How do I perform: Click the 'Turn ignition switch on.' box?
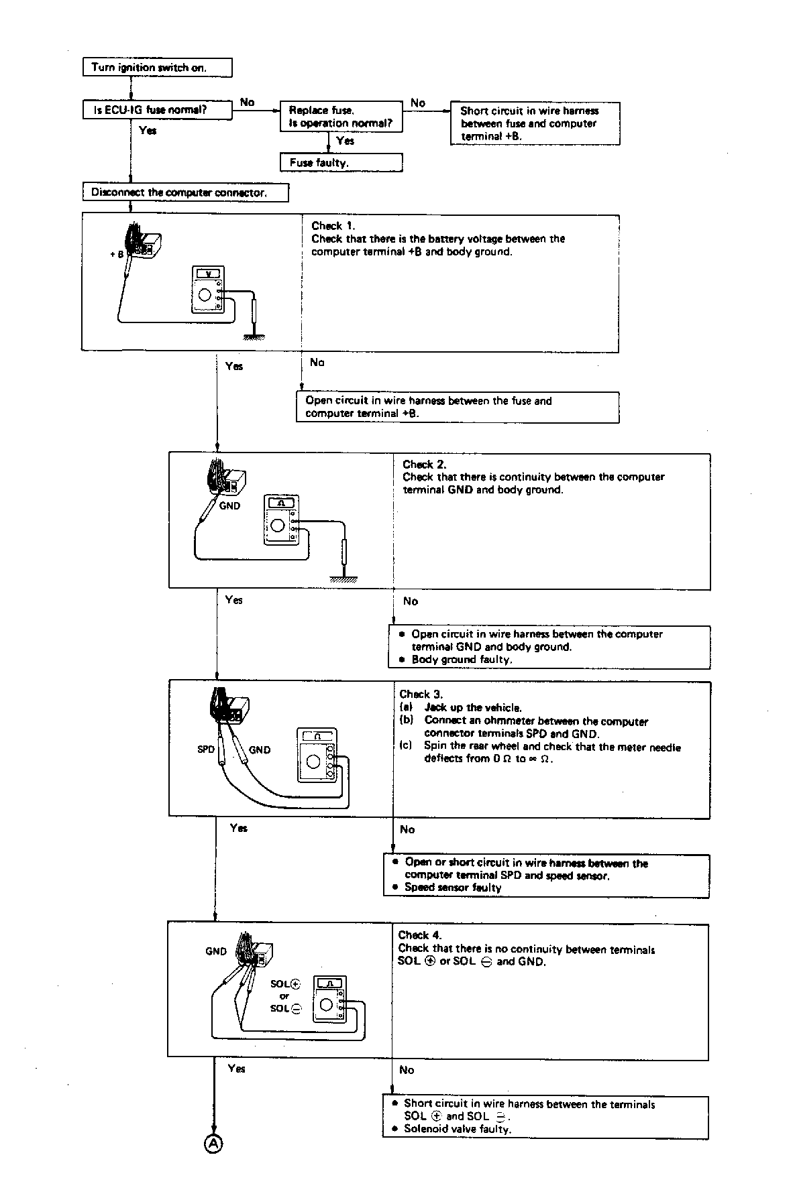(x=158, y=68)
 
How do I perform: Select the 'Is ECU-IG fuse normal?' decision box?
(x=158, y=111)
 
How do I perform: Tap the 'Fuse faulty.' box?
(x=341, y=163)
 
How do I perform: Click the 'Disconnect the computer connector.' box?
(x=186, y=193)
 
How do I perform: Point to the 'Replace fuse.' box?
(x=341, y=117)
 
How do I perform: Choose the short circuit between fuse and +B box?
(x=535, y=123)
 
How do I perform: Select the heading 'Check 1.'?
(x=333, y=226)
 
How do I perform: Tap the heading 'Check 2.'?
(x=424, y=465)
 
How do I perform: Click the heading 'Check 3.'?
(x=421, y=695)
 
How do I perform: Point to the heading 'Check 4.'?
(x=419, y=935)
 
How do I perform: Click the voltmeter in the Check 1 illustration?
(x=208, y=290)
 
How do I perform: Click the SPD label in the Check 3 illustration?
(x=206, y=749)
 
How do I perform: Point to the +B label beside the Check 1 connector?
(x=117, y=255)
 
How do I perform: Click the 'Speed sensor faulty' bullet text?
(x=453, y=888)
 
